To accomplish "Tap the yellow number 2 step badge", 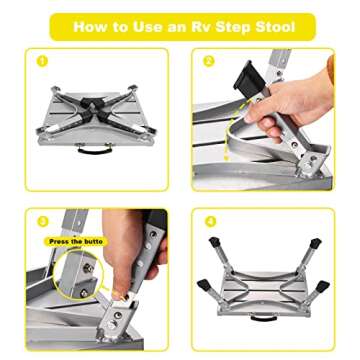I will pos(208,62).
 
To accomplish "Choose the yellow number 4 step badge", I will pos(208,220).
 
